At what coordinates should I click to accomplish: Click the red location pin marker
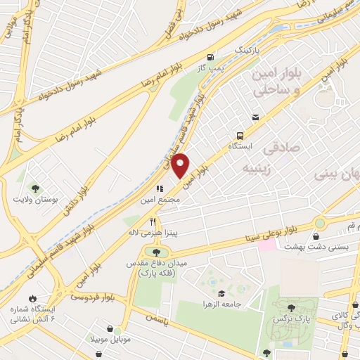click(181, 165)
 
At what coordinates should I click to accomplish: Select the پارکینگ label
click(247, 52)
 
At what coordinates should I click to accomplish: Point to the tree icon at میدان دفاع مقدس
click(156, 252)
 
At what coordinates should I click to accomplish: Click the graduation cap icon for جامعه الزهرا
click(221, 294)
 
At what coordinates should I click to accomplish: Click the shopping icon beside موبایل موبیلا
click(110, 328)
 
